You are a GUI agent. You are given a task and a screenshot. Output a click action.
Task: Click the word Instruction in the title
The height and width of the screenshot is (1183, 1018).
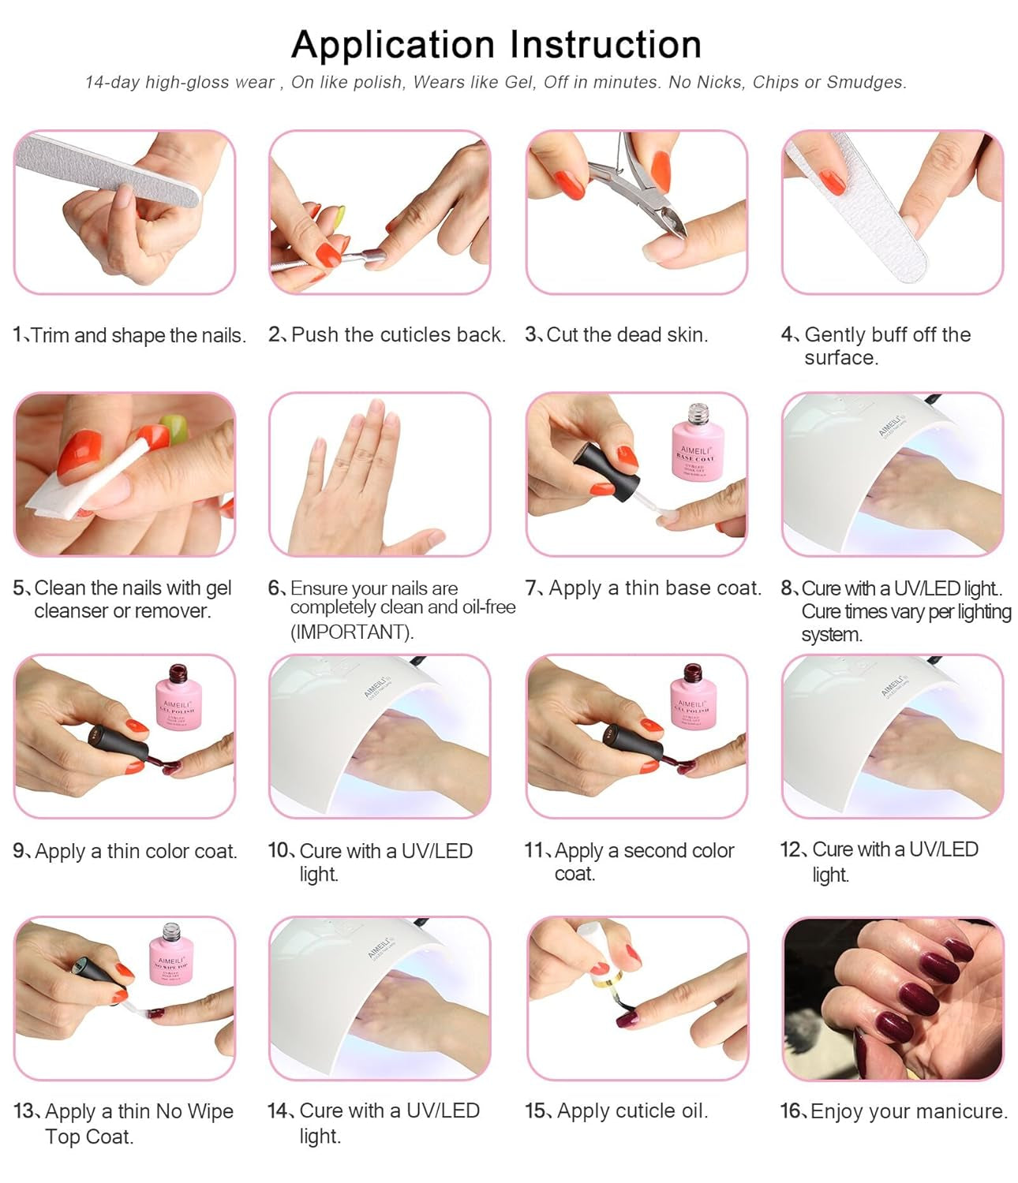[605, 45]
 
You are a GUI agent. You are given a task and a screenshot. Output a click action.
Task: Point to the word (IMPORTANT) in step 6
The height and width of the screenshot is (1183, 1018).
[352, 633]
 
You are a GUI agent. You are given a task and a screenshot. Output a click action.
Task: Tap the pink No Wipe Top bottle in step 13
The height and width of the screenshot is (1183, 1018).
[171, 956]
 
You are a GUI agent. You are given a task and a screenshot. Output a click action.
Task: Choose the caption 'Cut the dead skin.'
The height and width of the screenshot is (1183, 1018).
[627, 335]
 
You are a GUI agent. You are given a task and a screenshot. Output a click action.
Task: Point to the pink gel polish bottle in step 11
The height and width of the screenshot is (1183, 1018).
[691, 697]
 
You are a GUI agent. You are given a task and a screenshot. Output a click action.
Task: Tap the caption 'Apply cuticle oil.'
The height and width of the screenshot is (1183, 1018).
[632, 1111]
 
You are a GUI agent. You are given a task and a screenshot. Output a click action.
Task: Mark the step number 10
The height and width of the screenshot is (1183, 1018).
[279, 850]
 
